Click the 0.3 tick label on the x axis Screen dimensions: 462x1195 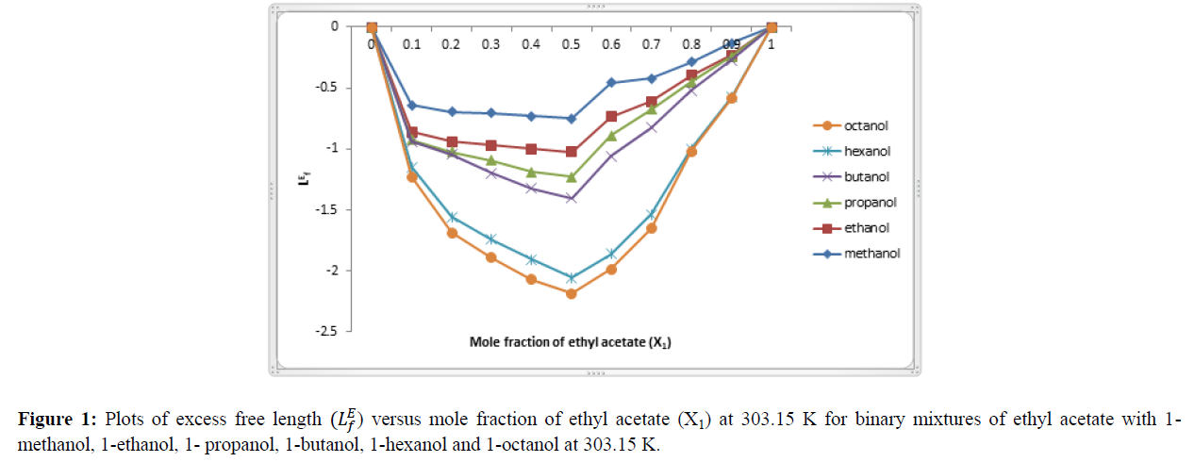tap(491, 44)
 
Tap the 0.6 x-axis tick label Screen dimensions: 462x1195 tap(611, 44)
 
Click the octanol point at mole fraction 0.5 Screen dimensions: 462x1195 tap(572, 293)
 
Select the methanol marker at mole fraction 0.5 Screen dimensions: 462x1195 tap(572, 118)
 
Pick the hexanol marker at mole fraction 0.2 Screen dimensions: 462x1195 tap(452, 217)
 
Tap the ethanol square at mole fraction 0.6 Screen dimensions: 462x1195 tap(611, 116)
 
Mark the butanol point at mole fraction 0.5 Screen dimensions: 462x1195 tap(572, 198)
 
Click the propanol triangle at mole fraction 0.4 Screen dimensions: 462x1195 tap(532, 172)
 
